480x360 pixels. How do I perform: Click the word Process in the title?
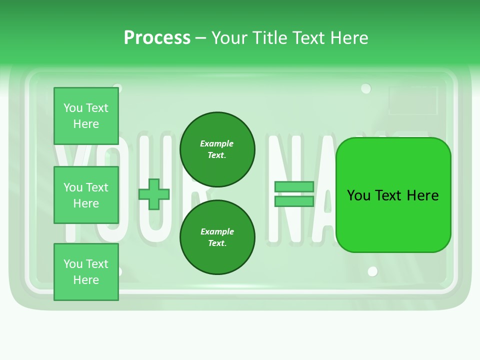157,38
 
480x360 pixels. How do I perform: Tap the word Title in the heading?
269,38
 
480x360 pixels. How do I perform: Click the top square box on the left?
86,116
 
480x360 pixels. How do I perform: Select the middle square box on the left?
86,195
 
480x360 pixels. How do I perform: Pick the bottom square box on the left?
86,272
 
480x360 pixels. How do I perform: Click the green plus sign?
154,194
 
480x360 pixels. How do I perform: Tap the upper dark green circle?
217,149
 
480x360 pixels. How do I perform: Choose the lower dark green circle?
217,237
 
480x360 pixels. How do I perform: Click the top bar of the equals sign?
294,187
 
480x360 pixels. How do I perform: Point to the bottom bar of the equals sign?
294,201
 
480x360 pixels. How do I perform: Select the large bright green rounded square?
393,220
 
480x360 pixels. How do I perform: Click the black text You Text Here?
393,195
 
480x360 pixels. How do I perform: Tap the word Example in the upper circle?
217,143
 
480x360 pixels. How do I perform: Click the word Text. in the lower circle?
217,243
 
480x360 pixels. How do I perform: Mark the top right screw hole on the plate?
366,89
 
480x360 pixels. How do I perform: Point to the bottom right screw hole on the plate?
372,271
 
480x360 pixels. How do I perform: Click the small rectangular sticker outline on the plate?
413,100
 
